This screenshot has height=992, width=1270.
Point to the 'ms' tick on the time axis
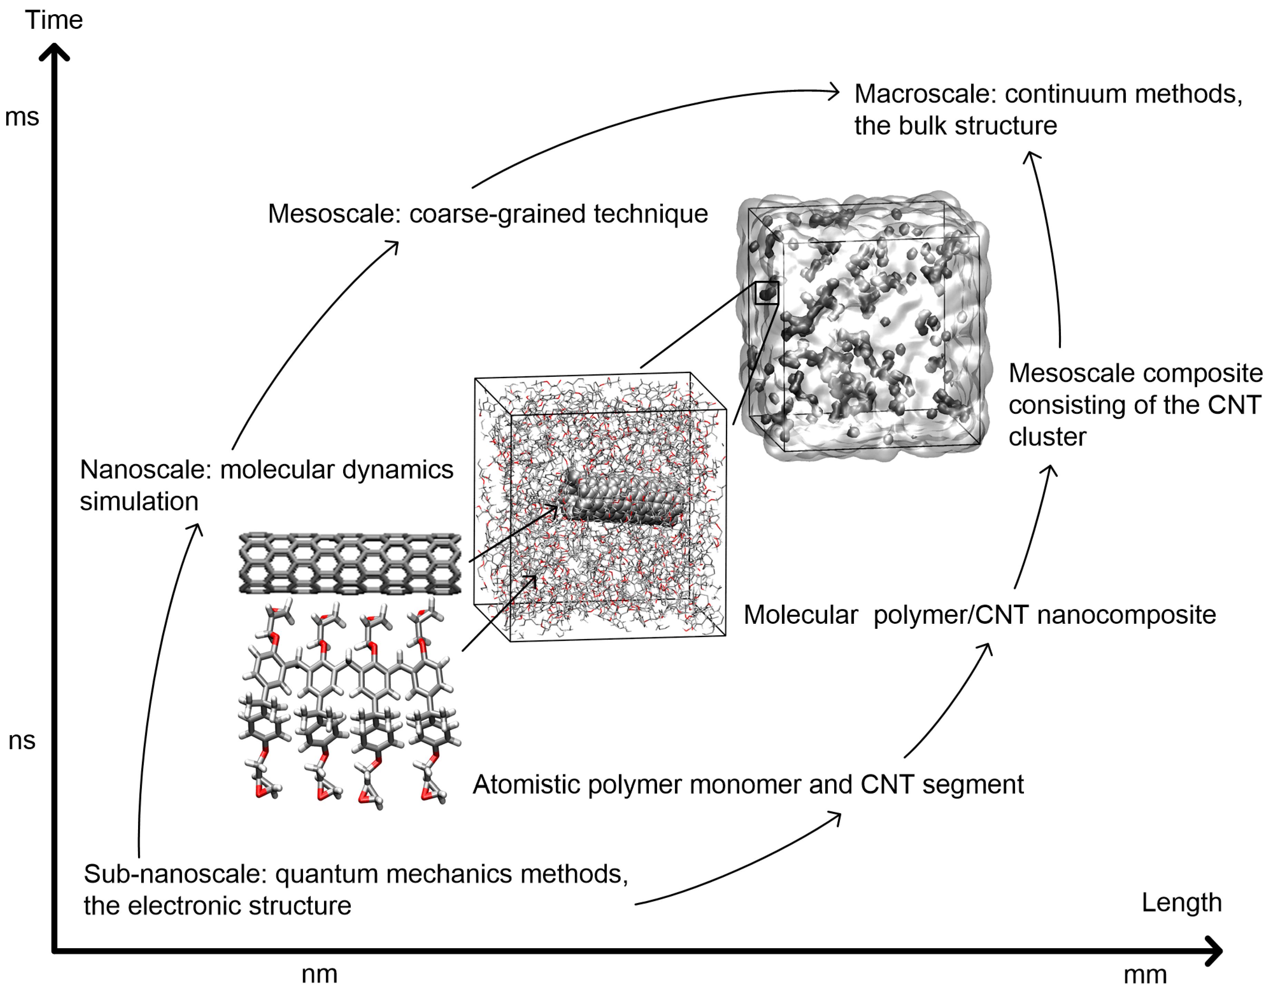click(x=22, y=117)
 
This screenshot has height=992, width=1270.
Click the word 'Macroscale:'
click(x=925, y=94)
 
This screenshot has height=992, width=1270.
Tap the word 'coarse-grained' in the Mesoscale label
click(x=497, y=214)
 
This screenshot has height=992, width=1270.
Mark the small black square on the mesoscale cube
click(x=766, y=292)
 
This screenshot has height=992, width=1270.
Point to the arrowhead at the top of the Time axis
click(x=54, y=52)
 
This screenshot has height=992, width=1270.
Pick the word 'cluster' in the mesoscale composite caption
click(x=1047, y=437)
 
